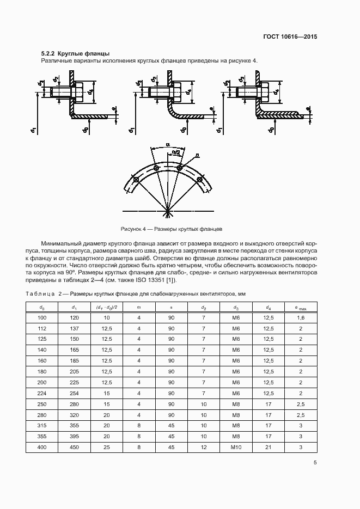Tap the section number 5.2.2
[x=48, y=53]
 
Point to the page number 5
[x=315, y=463]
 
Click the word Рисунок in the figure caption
[x=131, y=229]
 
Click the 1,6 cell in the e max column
[x=300, y=317]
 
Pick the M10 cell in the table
[x=236, y=447]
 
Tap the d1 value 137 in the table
[x=74, y=328]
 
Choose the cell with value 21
[x=268, y=447]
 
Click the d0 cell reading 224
[x=42, y=393]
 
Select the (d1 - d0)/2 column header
[x=106, y=307]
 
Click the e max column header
[x=300, y=307]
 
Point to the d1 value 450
[x=74, y=447]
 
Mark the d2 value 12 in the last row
[x=203, y=447]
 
